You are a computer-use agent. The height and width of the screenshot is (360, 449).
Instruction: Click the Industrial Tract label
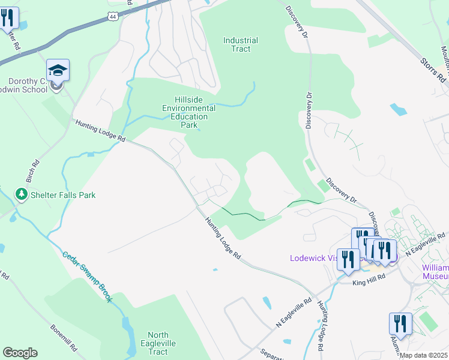241,44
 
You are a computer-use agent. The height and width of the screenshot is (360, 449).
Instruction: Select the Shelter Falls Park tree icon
22,194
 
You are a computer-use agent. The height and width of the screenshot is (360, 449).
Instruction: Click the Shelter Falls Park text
63,195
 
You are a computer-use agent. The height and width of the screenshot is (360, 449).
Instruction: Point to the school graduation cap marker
58,71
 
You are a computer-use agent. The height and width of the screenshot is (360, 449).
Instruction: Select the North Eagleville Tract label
158,344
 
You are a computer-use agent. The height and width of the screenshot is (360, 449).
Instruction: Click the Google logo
20,353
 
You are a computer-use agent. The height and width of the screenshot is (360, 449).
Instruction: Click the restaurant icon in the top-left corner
8,18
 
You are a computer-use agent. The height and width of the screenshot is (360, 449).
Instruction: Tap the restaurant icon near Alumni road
400,323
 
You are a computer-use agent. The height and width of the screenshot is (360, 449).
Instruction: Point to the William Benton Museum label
435,271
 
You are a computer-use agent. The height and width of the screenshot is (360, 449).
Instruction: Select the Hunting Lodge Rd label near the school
100,131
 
